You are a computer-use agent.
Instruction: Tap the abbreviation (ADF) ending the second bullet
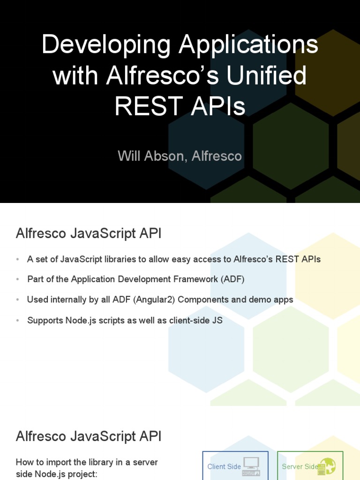click(232, 279)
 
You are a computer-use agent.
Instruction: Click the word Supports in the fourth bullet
click(44, 321)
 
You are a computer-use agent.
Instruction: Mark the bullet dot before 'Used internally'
click(17, 300)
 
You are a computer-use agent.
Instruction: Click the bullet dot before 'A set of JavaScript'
click(17, 260)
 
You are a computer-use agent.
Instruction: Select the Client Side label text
click(224, 466)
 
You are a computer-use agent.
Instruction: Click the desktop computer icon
click(251, 466)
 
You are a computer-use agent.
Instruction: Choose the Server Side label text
click(300, 466)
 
